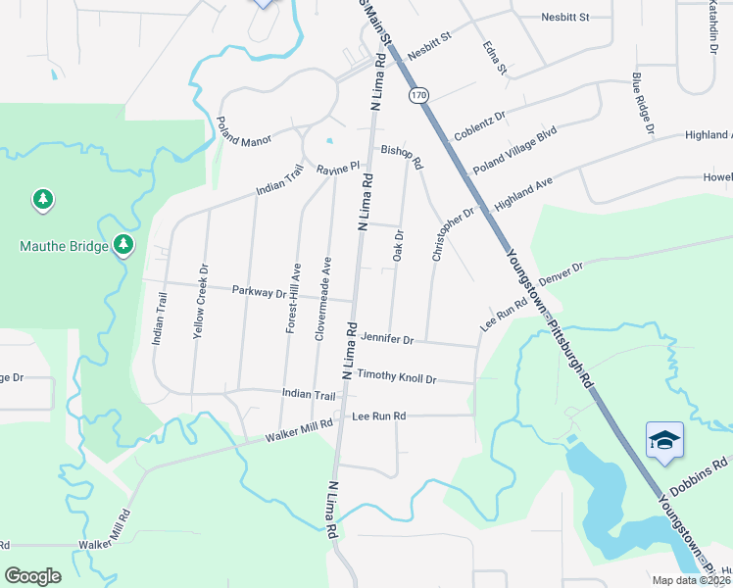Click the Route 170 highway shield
point(419,95)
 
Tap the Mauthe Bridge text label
point(64,246)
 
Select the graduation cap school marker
point(663,440)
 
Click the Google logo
point(33,575)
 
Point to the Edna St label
point(495,58)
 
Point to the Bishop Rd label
point(402,155)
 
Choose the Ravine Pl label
point(339,170)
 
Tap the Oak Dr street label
point(399,245)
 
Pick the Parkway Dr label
point(259,291)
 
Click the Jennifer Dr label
point(387,339)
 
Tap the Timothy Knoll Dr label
point(396,375)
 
